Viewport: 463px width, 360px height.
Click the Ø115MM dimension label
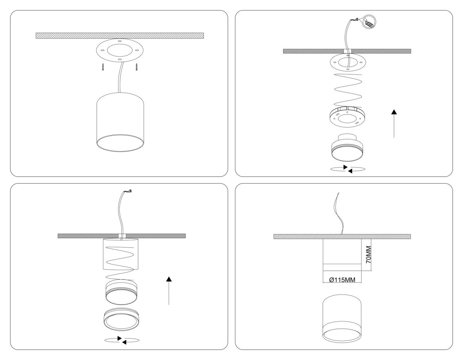[342, 280]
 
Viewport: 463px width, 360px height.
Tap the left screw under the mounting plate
[103, 67]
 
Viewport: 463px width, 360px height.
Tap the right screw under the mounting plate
[137, 67]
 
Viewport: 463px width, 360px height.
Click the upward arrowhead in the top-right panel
[394, 112]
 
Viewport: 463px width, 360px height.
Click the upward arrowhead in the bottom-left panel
[169, 279]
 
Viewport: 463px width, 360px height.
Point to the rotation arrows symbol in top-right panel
[348, 169]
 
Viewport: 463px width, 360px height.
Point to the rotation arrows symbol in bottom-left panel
[122, 340]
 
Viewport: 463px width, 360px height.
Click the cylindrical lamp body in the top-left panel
[120, 122]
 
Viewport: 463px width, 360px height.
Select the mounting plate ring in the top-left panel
[120, 51]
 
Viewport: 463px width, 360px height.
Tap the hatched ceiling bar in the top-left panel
[120, 35]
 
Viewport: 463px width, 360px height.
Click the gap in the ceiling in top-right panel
[347, 51]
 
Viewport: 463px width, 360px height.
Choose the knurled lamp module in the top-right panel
[348, 147]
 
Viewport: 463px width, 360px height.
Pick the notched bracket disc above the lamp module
[348, 117]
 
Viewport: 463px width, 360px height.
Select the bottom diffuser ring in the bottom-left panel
[121, 319]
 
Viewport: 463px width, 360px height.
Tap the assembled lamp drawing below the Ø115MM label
[342, 318]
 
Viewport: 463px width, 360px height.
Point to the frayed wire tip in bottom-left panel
[130, 191]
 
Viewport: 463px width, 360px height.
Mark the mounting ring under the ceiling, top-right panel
[348, 63]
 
